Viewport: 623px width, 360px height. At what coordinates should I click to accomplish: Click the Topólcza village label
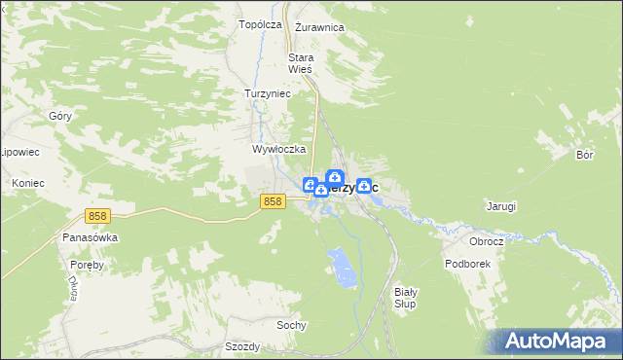point(260,23)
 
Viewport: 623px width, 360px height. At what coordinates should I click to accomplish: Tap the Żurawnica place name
point(319,27)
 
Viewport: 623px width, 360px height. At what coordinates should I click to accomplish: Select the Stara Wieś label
point(300,63)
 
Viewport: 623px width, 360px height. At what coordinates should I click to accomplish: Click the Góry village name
point(60,115)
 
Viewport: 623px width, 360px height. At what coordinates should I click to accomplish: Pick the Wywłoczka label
point(279,150)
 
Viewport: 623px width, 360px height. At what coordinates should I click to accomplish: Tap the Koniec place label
point(28,182)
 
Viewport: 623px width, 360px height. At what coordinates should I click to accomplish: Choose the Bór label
point(584,155)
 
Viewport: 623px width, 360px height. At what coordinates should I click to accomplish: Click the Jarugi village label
point(500,206)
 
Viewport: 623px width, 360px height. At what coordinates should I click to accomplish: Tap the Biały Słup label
point(406,298)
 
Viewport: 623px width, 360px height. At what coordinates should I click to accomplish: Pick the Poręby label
point(86,264)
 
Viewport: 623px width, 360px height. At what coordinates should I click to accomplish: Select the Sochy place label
point(292,324)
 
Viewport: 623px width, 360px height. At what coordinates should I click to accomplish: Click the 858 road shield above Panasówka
point(96,216)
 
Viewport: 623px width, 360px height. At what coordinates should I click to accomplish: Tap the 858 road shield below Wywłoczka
point(273,200)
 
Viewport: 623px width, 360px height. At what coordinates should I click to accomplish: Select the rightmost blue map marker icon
point(363,184)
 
